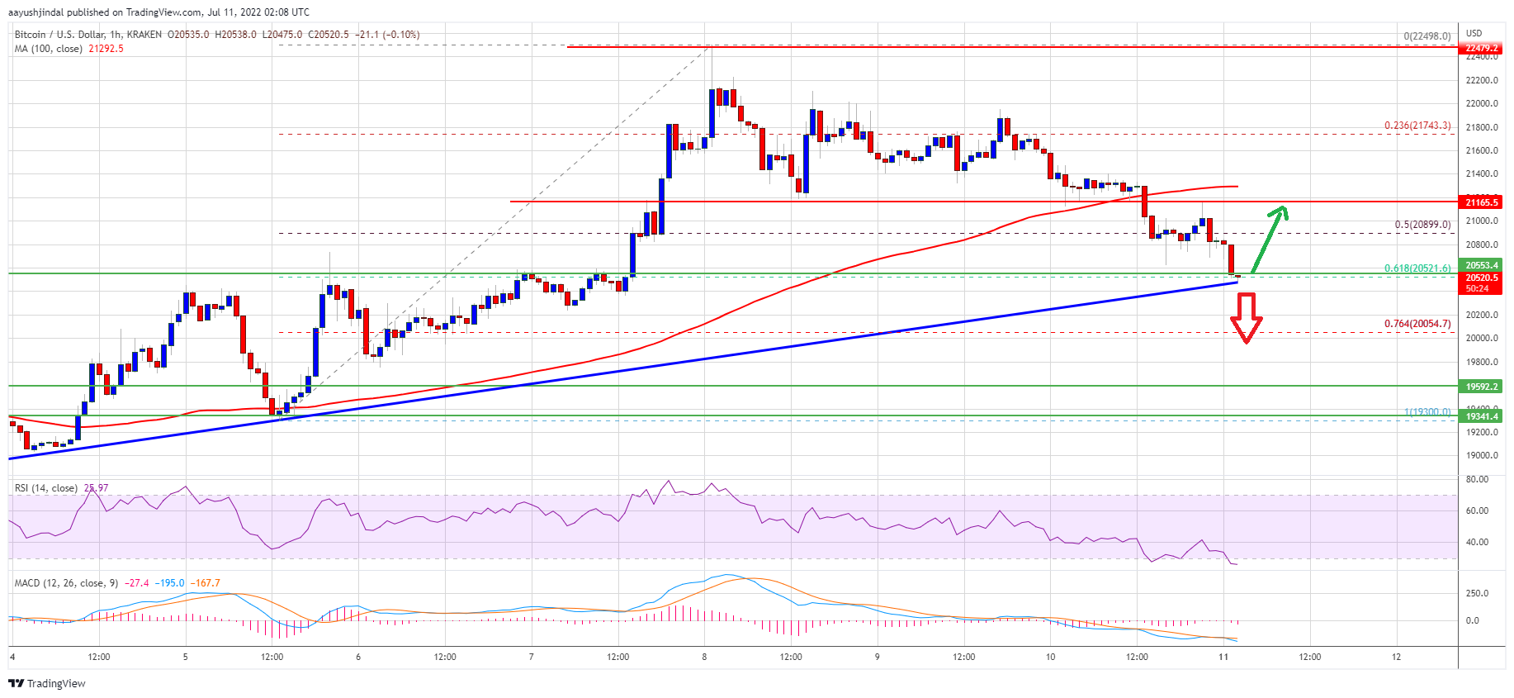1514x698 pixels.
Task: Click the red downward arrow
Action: point(1246,318)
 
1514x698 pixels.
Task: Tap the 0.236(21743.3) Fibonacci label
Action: point(1417,126)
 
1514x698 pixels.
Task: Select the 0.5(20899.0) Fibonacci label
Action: point(1422,225)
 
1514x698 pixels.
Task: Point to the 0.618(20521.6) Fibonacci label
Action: point(1417,268)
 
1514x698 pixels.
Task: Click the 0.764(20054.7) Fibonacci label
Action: point(1417,324)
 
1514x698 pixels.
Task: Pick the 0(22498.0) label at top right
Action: point(1426,36)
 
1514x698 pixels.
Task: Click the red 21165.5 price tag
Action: point(1482,202)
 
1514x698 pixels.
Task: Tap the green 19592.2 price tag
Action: point(1482,387)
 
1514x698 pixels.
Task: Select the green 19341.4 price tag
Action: point(1482,416)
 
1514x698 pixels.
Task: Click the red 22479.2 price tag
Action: point(1482,48)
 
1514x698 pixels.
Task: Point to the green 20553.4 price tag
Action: point(1482,265)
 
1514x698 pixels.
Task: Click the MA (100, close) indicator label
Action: point(48,49)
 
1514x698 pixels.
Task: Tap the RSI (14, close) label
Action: point(46,488)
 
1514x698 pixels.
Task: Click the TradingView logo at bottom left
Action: point(47,683)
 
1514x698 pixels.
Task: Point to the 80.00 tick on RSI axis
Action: point(1477,479)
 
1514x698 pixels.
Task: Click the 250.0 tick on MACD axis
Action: point(1477,593)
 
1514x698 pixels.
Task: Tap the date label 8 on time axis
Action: point(704,658)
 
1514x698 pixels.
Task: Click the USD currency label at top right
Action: point(1474,34)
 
